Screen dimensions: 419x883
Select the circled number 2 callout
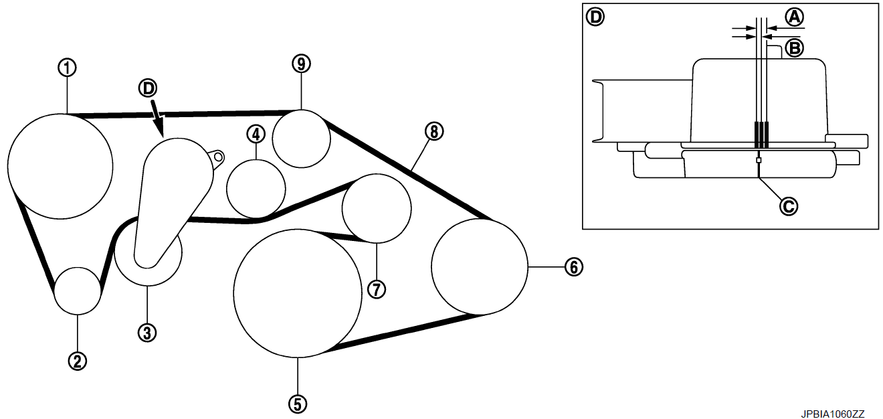(x=78, y=361)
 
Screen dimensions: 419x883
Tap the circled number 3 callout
(x=147, y=331)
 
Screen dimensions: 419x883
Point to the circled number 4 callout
(x=256, y=134)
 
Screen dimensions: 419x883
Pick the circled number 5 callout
(x=297, y=403)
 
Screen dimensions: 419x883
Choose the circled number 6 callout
(x=573, y=267)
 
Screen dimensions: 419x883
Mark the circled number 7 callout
(x=376, y=288)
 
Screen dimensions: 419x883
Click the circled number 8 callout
(x=433, y=132)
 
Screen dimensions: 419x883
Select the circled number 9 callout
(x=302, y=64)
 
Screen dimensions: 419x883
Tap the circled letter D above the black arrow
(x=149, y=87)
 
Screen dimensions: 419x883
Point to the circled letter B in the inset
(x=794, y=48)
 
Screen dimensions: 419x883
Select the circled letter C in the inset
(x=789, y=206)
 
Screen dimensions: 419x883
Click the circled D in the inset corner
(x=594, y=16)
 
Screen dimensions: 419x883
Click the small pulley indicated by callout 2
(x=78, y=290)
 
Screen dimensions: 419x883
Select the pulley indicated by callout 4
(x=256, y=189)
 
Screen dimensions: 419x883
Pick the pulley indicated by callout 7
(x=376, y=207)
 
